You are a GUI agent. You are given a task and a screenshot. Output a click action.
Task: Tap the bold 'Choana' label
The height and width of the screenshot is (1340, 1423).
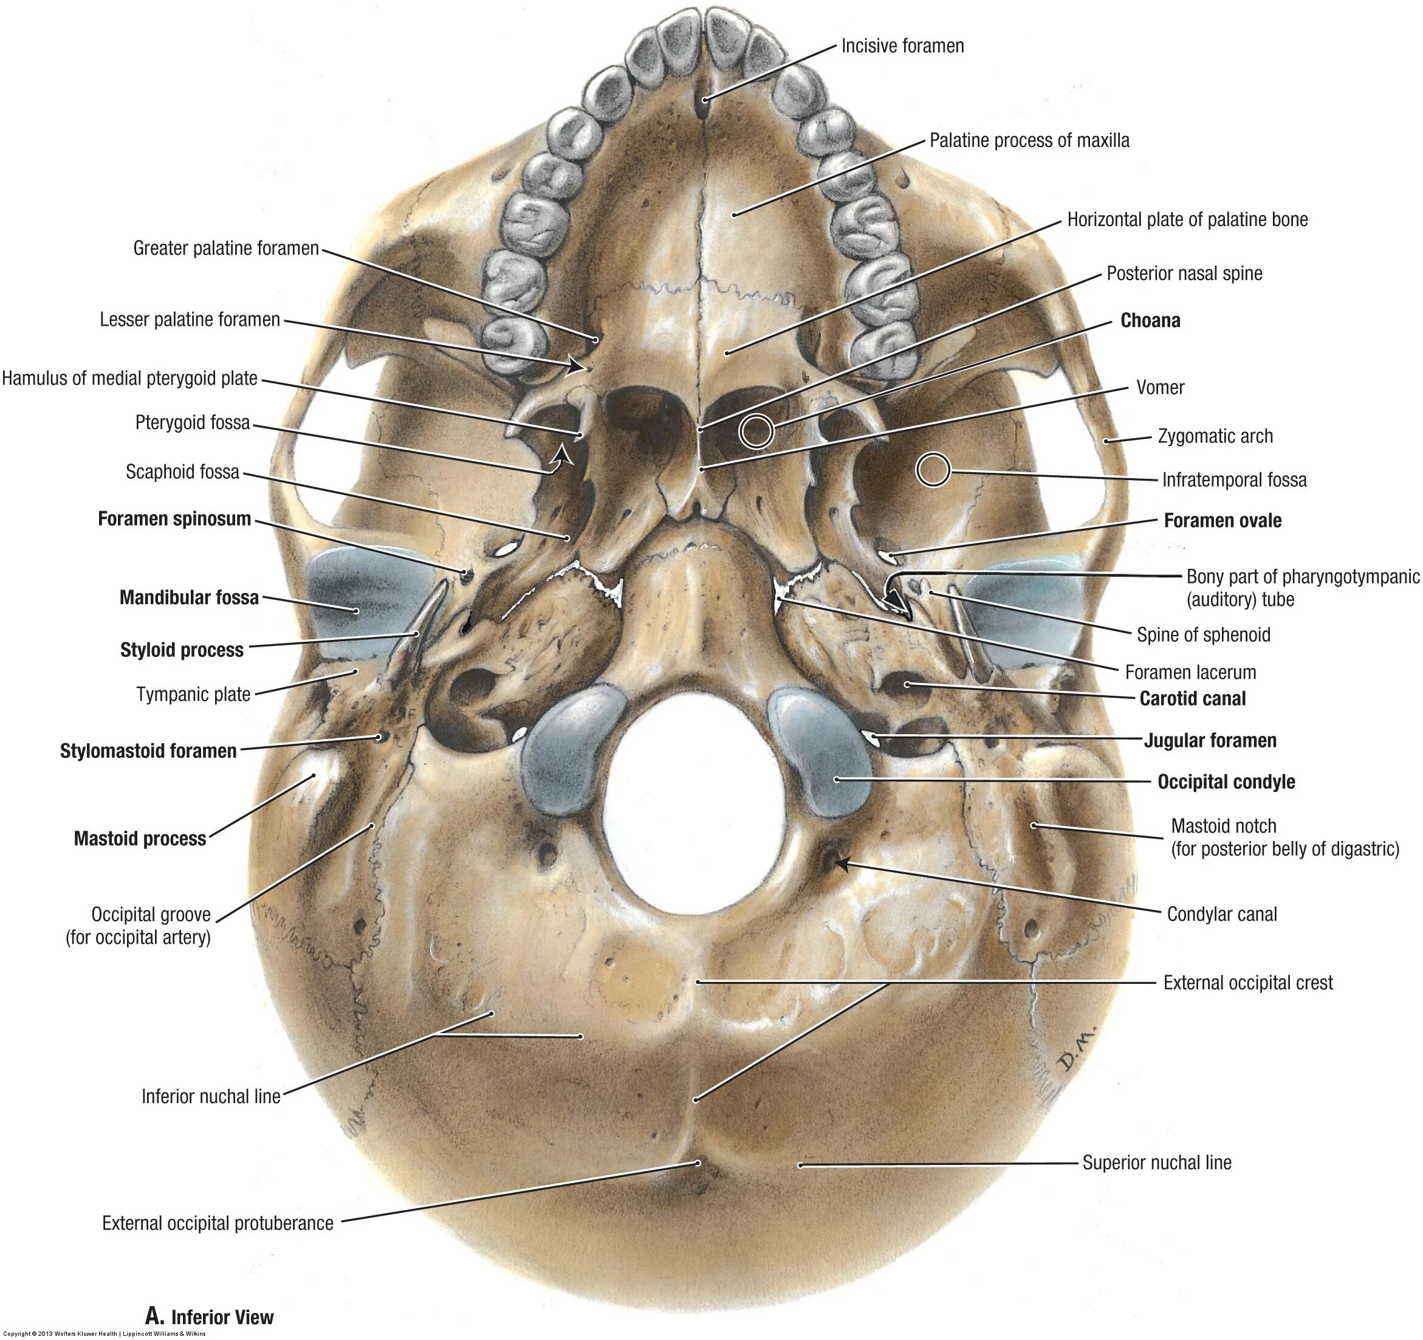tap(1150, 321)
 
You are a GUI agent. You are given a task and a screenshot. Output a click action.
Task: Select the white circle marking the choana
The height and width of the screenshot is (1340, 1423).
tap(756, 431)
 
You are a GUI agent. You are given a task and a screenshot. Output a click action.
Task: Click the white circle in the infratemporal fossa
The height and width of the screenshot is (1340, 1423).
tap(933, 470)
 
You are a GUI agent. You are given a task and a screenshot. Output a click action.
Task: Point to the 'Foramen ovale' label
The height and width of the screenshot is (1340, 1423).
tap(1222, 520)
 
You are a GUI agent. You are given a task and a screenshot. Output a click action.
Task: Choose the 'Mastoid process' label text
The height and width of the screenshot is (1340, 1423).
tap(140, 838)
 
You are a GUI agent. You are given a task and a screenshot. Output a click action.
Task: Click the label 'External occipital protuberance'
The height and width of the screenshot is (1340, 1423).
tap(218, 1223)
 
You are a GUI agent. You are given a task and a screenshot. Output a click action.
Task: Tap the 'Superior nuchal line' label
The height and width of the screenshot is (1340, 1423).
tap(1156, 1163)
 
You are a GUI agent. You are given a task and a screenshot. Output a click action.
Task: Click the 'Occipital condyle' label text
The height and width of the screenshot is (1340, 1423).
tap(1226, 782)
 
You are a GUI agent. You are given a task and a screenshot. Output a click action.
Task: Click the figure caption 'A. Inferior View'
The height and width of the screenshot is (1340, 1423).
tap(209, 1316)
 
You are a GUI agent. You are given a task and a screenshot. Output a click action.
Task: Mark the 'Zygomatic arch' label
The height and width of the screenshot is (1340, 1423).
tap(1215, 436)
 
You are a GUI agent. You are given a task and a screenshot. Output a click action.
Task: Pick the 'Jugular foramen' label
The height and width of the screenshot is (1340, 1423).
tap(1210, 740)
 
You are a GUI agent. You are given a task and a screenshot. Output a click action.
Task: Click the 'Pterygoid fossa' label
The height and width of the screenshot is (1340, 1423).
tap(193, 422)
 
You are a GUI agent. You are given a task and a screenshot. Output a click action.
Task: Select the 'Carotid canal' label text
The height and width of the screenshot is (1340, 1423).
tap(1193, 699)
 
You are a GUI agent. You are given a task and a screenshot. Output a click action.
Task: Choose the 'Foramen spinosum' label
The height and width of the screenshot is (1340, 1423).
tap(174, 519)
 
